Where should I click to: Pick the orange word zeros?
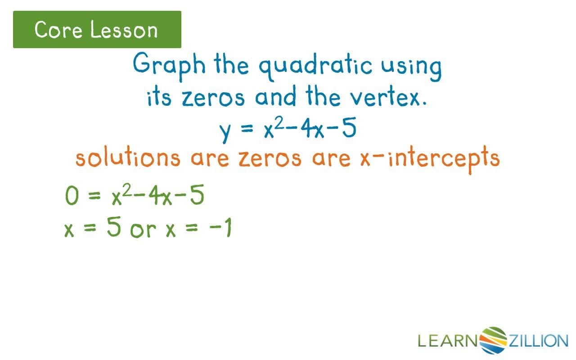coord(269,158)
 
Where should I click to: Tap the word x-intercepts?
coord(429,158)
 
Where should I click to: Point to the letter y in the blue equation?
coord(225,131)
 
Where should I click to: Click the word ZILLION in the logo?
coord(538,341)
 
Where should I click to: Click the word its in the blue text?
coord(159,97)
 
